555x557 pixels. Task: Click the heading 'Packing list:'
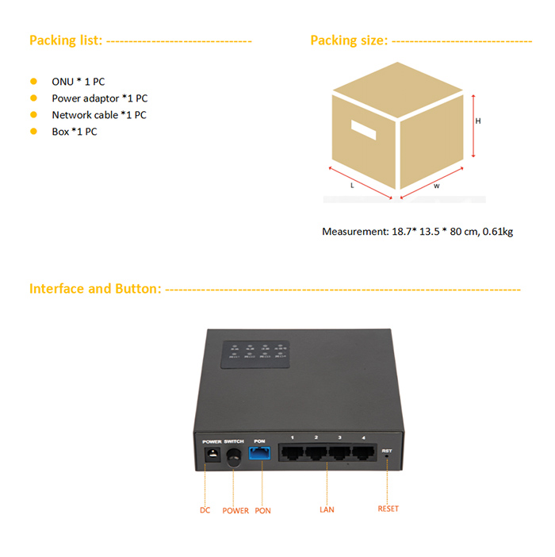(x=66, y=40)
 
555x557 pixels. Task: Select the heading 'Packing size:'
(x=349, y=40)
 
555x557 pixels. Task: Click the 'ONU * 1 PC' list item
(x=78, y=82)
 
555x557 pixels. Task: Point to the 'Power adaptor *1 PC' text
(x=99, y=98)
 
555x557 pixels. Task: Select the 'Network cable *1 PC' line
(x=99, y=115)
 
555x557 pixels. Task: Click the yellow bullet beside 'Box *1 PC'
(x=33, y=131)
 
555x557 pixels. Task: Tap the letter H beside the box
(x=478, y=121)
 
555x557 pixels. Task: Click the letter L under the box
(x=351, y=185)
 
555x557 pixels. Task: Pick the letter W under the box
(x=436, y=186)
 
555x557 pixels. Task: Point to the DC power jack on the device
(x=212, y=455)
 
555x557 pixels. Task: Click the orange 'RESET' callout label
(x=388, y=509)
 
